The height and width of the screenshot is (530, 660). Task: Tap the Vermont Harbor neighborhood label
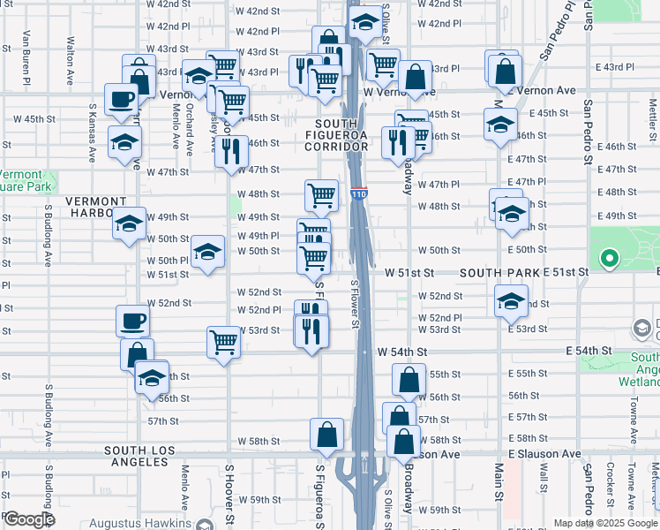95,208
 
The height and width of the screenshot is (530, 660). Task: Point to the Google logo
29,519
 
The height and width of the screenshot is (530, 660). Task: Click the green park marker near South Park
608,259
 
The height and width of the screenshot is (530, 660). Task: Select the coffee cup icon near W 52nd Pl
132,320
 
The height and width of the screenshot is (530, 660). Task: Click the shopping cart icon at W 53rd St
224,341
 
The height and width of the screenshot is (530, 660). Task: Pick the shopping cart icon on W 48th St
321,194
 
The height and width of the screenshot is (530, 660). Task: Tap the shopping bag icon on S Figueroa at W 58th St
326,433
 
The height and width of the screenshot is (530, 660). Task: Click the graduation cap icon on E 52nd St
511,300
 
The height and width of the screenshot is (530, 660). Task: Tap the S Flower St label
355,305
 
